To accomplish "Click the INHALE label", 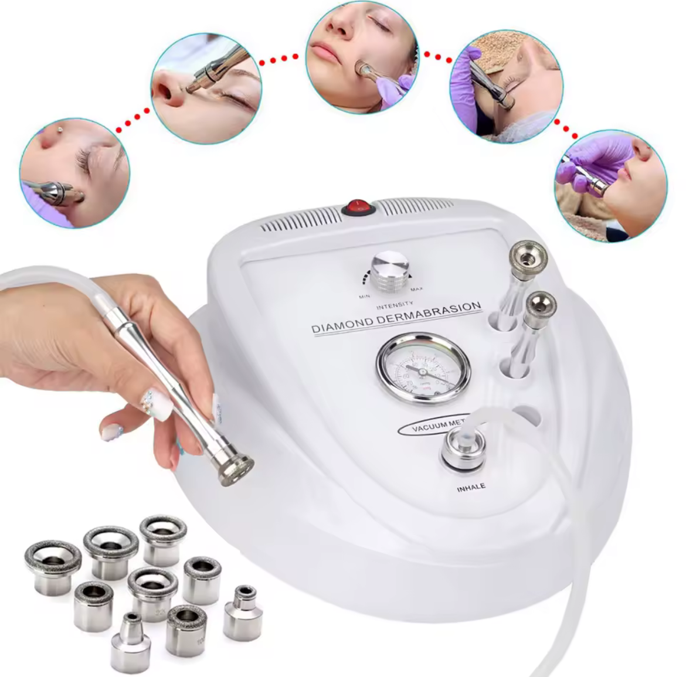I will tap(471, 487).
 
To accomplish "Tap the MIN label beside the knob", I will tap(364, 297).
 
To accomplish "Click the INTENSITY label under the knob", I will tap(394, 305).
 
